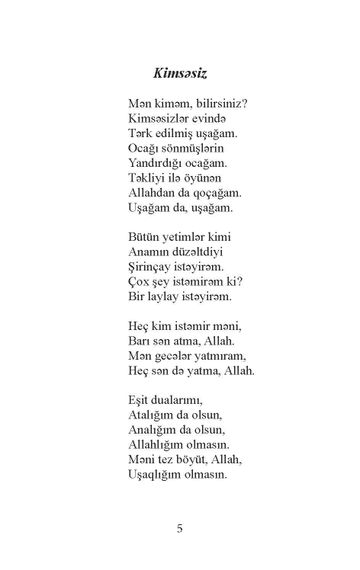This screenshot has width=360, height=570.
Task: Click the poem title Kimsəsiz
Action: (180, 74)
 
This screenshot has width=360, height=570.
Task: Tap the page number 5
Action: (179, 527)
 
